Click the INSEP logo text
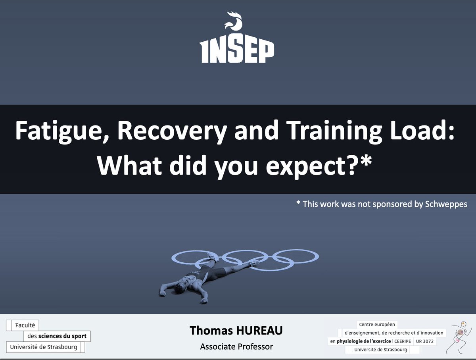236,51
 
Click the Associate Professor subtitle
236,347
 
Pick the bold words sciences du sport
62,337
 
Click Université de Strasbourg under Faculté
44,347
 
